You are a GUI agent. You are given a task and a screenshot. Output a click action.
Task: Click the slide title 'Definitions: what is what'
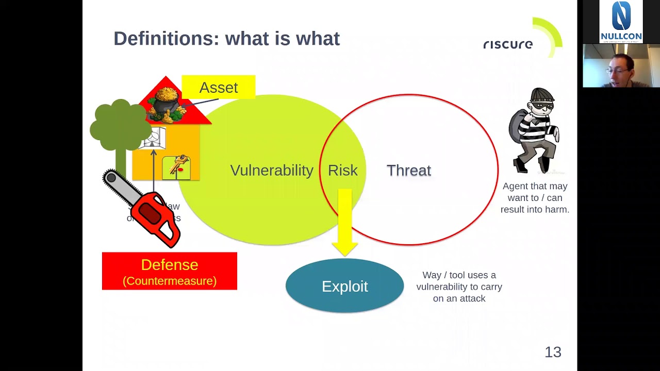pyautogui.click(x=226, y=39)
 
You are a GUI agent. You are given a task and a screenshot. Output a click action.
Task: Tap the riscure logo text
pyautogui.click(x=508, y=44)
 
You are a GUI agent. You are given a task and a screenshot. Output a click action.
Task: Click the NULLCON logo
pyautogui.click(x=621, y=22)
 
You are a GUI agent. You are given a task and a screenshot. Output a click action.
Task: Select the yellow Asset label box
pyautogui.click(x=218, y=87)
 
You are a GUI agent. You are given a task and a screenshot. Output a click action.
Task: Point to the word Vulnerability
pyautogui.click(x=272, y=171)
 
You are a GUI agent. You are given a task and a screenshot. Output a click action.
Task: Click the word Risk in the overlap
pyautogui.click(x=342, y=171)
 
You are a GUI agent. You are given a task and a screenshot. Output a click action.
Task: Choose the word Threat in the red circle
pyautogui.click(x=409, y=171)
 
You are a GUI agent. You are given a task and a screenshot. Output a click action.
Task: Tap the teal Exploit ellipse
pyautogui.click(x=344, y=286)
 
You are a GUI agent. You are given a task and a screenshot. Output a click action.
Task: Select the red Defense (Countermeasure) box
pyautogui.click(x=169, y=271)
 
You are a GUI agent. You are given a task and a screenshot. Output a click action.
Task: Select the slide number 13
pyautogui.click(x=553, y=352)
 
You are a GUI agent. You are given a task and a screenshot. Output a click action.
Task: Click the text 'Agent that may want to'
pyautogui.click(x=535, y=192)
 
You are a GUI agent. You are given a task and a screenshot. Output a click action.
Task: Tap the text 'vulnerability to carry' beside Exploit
pyautogui.click(x=459, y=286)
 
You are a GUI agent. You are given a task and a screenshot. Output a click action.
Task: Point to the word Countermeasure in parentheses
pyautogui.click(x=170, y=281)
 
